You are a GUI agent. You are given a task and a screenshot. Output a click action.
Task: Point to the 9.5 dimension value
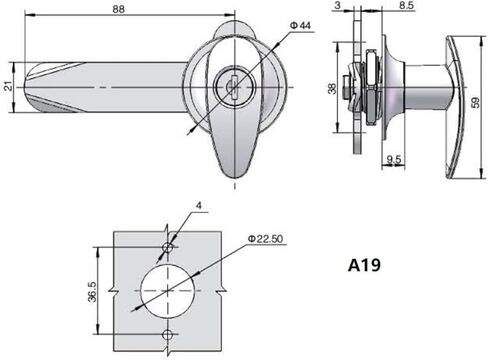tap(393, 158)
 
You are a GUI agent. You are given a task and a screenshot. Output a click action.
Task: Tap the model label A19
tap(367, 267)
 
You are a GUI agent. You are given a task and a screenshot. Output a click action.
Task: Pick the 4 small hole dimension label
tap(199, 206)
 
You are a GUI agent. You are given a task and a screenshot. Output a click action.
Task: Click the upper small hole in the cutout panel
tap(168, 246)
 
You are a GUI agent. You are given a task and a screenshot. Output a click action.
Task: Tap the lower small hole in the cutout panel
tap(168, 332)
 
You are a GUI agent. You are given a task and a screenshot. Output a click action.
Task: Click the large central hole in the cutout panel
tap(168, 289)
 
